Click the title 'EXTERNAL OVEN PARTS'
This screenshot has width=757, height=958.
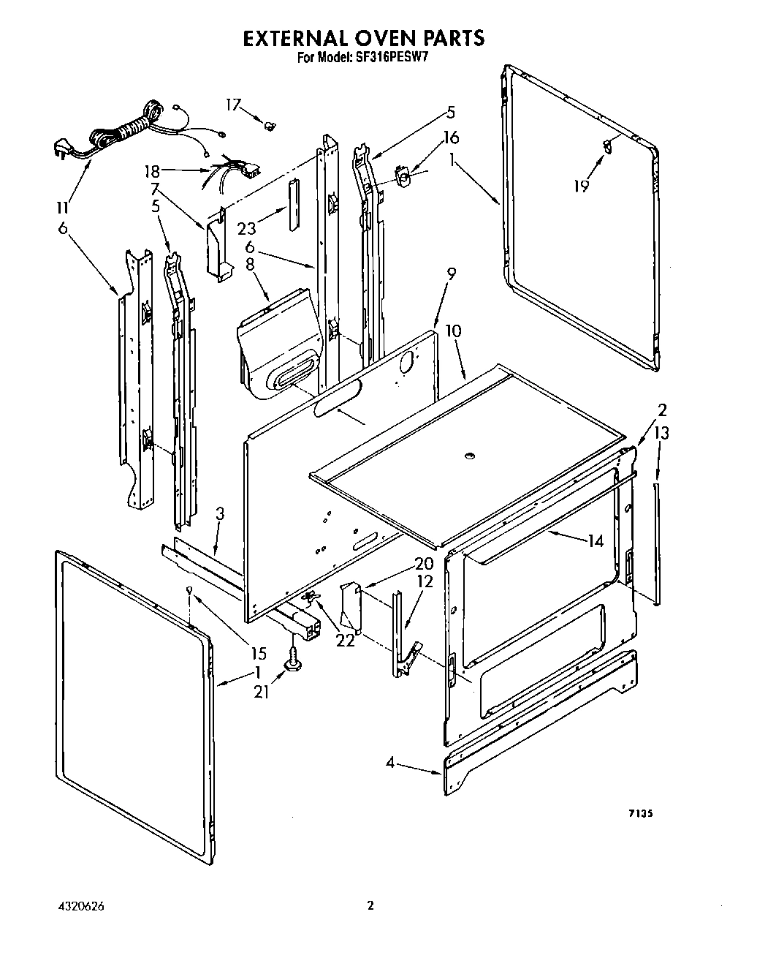363,38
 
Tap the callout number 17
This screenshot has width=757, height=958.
232,105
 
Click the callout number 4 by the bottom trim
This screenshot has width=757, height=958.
391,763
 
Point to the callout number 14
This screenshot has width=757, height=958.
596,541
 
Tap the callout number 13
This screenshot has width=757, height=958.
661,434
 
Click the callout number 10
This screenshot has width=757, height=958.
453,331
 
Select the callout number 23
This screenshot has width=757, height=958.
246,227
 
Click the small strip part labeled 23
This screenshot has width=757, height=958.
292,203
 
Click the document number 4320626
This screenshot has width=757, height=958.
79,905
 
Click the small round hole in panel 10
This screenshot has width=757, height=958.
468,458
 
